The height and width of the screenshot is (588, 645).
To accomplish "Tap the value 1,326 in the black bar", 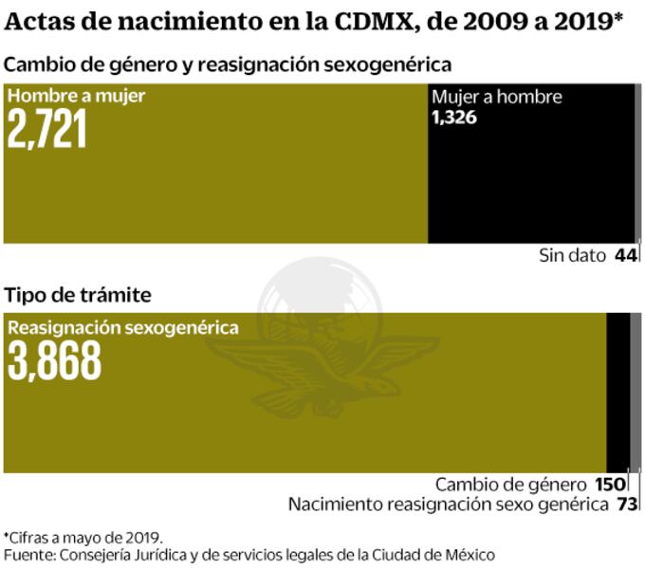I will [453, 118].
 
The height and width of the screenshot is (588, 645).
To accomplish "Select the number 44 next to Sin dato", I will [625, 255].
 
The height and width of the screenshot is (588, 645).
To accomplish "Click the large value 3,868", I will [54, 360].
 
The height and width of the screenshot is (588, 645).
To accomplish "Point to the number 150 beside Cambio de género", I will [611, 484].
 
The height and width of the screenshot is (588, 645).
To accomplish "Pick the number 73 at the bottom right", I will [626, 504].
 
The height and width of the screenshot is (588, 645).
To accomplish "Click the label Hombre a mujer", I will [77, 96].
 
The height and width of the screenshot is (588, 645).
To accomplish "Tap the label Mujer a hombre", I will [497, 97].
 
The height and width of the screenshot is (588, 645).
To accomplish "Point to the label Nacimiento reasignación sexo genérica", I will [448, 504].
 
